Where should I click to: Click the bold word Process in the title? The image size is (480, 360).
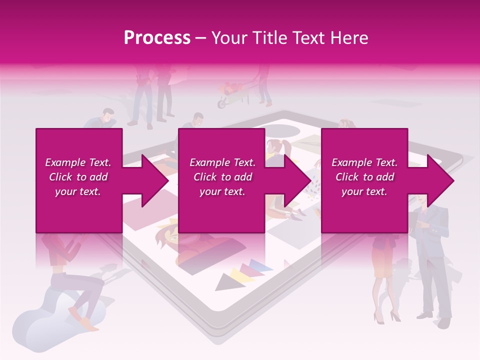(157, 37)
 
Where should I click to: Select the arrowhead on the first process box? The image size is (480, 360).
(155, 180)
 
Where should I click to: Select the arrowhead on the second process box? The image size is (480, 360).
(298, 180)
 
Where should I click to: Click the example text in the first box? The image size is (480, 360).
(78, 177)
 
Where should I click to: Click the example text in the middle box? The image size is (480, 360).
(222, 177)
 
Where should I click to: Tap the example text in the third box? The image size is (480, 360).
(364, 177)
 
